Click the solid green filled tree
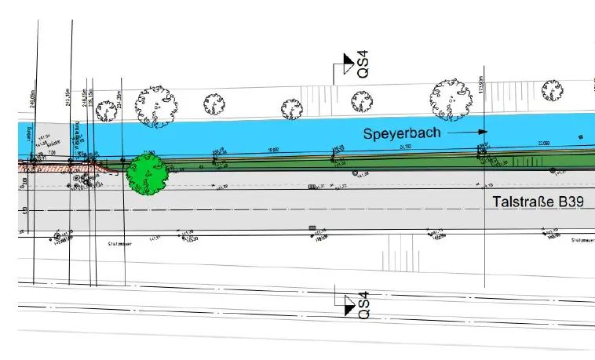point(147,174)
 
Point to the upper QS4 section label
point(363,64)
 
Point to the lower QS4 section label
point(362,304)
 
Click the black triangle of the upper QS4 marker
point(345,60)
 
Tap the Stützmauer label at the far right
point(582,240)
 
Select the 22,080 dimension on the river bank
point(543,142)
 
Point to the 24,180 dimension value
point(406,147)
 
